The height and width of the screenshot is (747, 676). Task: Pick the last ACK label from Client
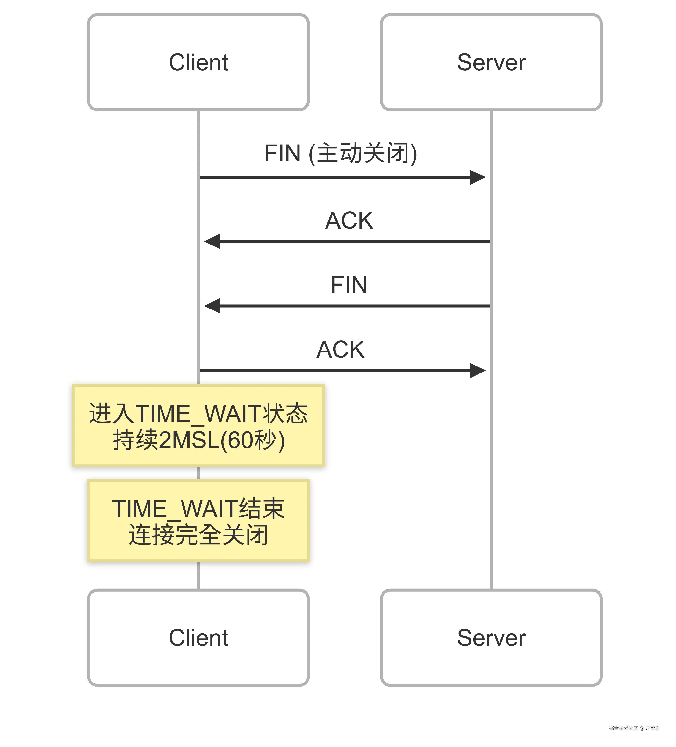[x=340, y=349]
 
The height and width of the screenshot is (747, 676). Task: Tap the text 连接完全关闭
[x=198, y=535]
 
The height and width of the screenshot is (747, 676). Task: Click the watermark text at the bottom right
[x=634, y=728]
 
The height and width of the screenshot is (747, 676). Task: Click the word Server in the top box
[x=491, y=62]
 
